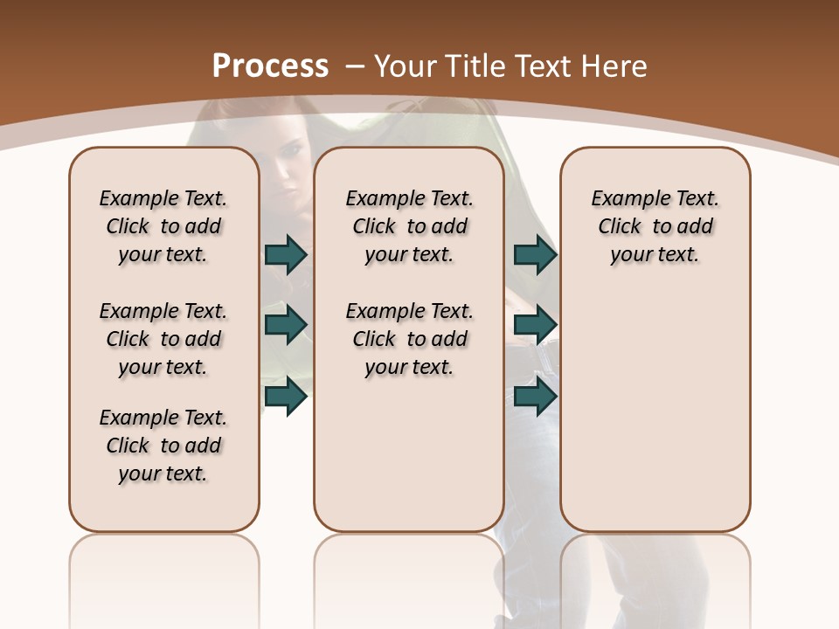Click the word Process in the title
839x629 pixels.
[x=270, y=66]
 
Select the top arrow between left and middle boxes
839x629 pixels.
[x=286, y=254]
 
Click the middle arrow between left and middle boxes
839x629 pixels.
[x=286, y=325]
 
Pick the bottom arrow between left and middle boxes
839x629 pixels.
[x=286, y=396]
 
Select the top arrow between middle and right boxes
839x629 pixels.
[x=535, y=254]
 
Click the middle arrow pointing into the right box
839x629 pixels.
[x=535, y=325]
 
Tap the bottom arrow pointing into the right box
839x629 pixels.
[x=535, y=396]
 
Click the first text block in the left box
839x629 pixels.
[x=163, y=226]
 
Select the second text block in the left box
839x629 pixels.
[x=163, y=339]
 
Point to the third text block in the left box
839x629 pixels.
[x=163, y=446]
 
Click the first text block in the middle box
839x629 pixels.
[x=409, y=226]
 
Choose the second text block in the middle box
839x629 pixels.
[x=409, y=339]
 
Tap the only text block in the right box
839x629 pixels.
[x=655, y=226]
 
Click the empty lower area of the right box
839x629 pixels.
[x=655, y=411]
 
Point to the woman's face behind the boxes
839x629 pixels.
[x=286, y=183]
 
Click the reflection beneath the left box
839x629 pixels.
[x=164, y=577]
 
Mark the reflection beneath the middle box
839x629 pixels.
[x=409, y=577]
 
